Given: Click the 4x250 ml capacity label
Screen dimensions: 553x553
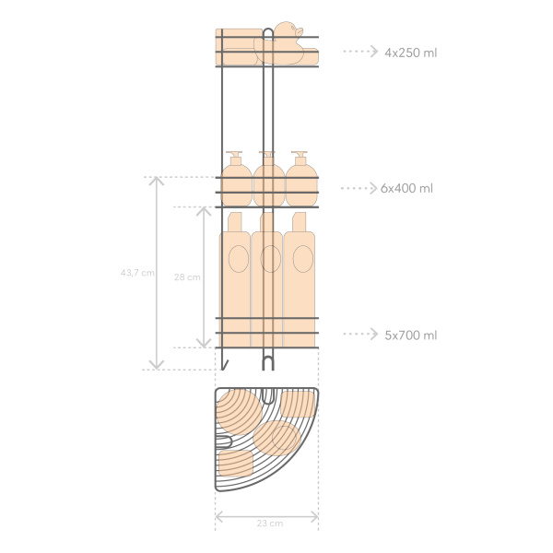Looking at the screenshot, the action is [x=410, y=53].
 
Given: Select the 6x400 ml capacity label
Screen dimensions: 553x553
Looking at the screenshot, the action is [x=406, y=188].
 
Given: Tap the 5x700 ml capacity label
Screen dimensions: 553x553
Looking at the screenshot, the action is [x=410, y=335].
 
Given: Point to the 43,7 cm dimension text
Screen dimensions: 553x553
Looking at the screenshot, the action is [x=137, y=273].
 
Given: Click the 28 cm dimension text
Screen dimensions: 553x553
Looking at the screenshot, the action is [x=187, y=277].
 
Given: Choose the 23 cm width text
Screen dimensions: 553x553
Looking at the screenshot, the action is [x=270, y=524].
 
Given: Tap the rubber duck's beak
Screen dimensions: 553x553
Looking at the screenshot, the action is [x=300, y=32].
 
